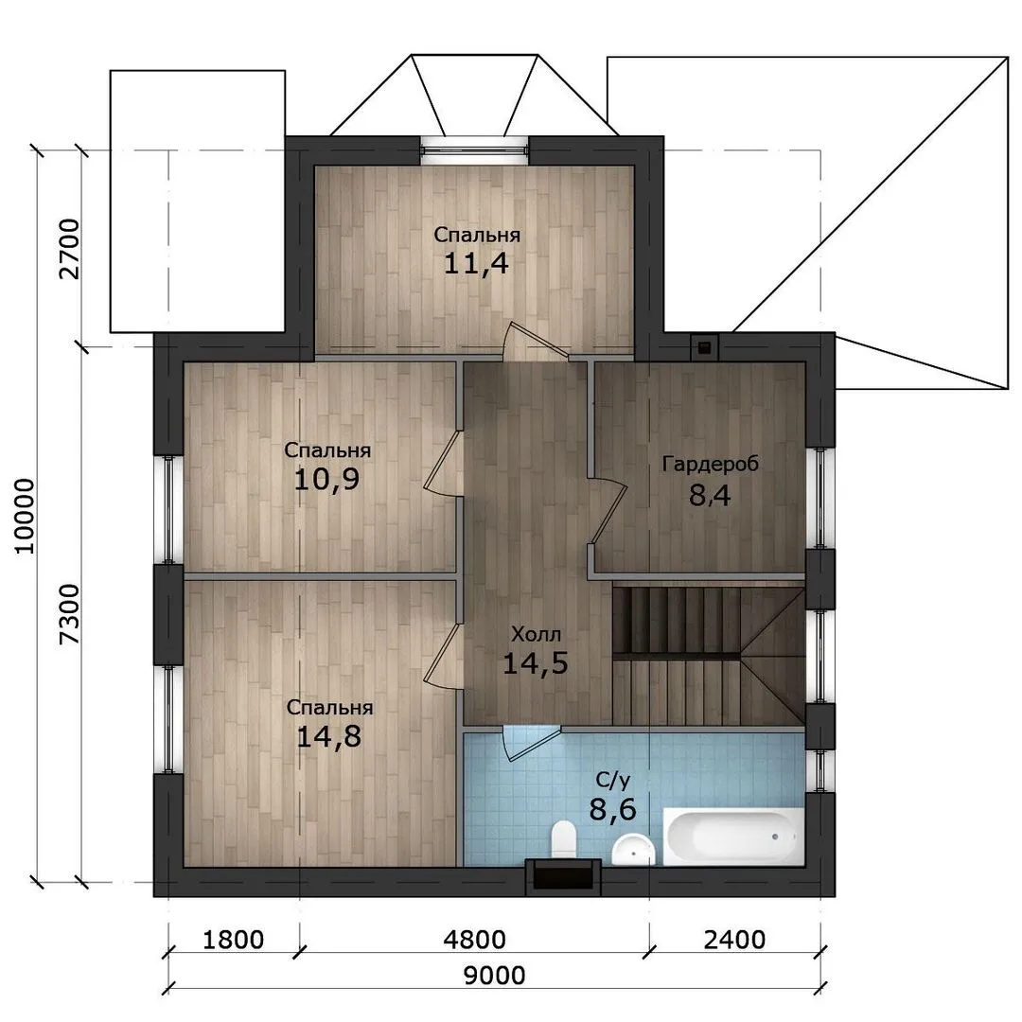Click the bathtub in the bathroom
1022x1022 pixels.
[733, 837]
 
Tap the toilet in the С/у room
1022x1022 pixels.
[562, 840]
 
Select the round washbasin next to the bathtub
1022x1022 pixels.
[633, 849]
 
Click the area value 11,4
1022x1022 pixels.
[476, 263]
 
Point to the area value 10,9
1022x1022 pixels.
[326, 480]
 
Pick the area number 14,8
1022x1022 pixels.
[328, 736]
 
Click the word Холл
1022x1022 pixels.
[536, 633]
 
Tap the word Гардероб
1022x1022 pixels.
[711, 464]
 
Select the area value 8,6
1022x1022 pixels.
[612, 809]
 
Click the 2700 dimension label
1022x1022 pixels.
[68, 249]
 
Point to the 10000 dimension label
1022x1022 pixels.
[24, 517]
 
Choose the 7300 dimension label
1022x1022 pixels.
[68, 614]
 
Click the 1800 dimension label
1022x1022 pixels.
[234, 940]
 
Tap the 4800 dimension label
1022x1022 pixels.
[474, 940]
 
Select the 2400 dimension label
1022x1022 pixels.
[734, 940]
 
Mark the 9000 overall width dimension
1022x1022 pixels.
[494, 976]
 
